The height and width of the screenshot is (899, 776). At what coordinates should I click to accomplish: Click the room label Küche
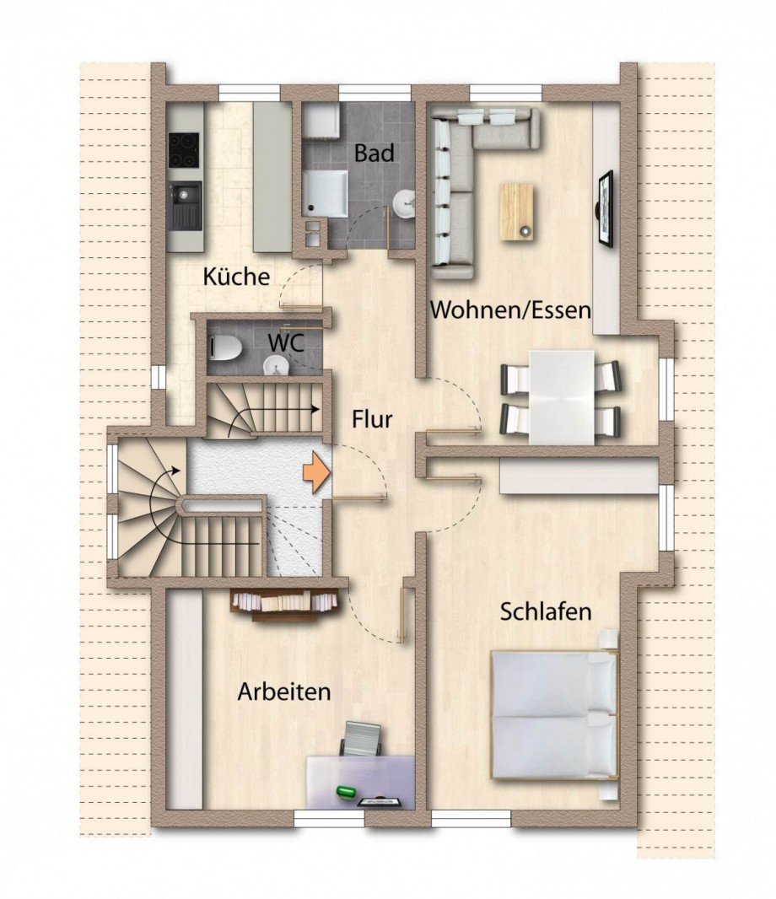[x=236, y=277]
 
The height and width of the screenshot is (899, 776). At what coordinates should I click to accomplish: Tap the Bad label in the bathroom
[x=374, y=153]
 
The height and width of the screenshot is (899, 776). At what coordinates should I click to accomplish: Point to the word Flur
[x=372, y=418]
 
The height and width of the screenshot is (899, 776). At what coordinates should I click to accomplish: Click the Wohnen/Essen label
[x=510, y=310]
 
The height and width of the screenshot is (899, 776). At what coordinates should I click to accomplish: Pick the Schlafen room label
[x=546, y=611]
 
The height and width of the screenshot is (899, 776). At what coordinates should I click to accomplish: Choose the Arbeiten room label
[x=283, y=692]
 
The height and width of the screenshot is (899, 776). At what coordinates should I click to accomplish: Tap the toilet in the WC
[x=224, y=347]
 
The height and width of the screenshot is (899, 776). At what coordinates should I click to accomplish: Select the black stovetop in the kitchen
[x=185, y=150]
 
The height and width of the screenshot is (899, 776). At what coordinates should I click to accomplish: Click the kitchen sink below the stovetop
[x=186, y=205]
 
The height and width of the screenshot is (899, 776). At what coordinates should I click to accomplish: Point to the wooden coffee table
[x=517, y=212]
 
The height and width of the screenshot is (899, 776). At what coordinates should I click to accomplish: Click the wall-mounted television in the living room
[x=606, y=209]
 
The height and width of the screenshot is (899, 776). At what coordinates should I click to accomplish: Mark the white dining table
[x=561, y=396]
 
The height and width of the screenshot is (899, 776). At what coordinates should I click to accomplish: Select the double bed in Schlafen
[x=554, y=714]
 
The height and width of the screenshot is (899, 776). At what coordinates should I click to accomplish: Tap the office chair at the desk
[x=361, y=740]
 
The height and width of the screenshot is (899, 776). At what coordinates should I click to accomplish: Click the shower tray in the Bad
[x=326, y=193]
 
